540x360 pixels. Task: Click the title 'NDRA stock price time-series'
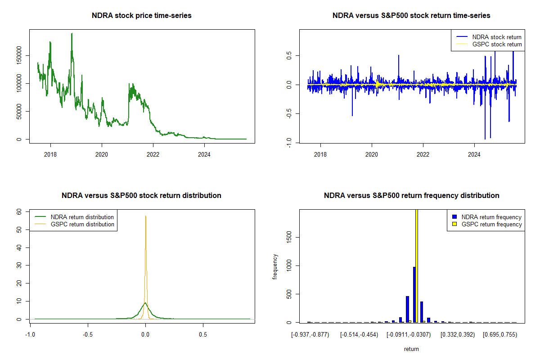(141, 16)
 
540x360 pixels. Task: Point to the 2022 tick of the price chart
(153, 152)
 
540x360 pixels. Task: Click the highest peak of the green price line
(72, 34)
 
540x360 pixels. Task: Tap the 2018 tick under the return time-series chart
(320, 152)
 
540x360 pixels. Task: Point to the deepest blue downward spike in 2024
(485, 139)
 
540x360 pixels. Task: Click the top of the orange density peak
(145, 216)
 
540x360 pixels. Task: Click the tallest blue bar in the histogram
(414, 294)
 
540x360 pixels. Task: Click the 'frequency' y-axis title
(275, 266)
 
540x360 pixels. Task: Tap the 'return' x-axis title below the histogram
(411, 349)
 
